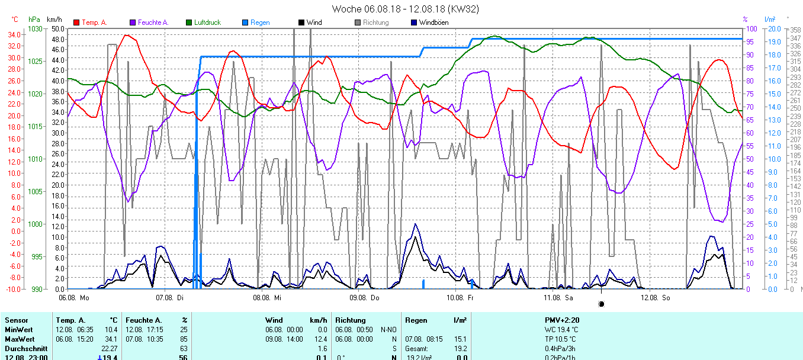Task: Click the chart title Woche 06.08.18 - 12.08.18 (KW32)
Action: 406,9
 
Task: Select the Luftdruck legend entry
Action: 207,22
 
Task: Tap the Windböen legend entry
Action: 433,22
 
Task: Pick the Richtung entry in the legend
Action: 375,22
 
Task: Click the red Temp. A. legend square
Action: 76,22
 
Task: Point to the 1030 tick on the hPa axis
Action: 36,29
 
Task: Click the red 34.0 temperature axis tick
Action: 13,35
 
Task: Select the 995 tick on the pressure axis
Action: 37,256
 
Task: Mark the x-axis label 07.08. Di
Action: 170,298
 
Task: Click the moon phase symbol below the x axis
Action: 602,304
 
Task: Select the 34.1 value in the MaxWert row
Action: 111,339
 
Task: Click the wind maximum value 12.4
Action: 320,339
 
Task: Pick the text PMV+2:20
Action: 562,320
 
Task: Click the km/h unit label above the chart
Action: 54,20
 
